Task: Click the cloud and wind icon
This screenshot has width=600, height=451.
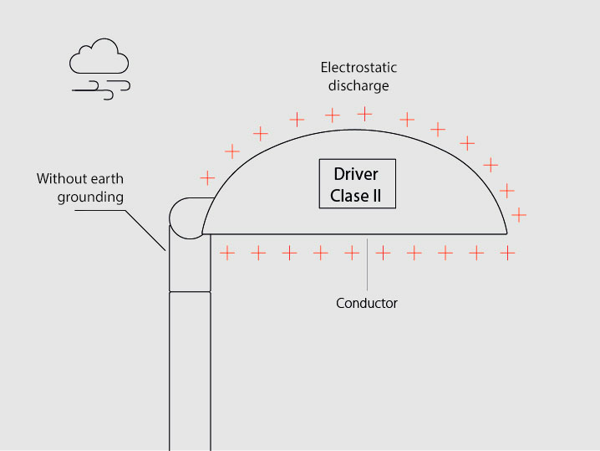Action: [x=99, y=69]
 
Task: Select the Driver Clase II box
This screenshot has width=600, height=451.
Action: [x=357, y=185]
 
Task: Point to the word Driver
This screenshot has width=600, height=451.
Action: [x=356, y=174]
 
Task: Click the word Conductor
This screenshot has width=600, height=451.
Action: [x=367, y=303]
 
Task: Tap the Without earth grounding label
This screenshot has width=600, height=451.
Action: [x=80, y=188]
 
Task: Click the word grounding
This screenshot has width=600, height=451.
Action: [x=90, y=197]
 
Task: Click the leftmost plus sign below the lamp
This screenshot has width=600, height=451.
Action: [x=226, y=251]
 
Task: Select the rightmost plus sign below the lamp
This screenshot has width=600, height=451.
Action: [x=507, y=251]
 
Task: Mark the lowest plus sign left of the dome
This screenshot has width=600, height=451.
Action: [x=206, y=178]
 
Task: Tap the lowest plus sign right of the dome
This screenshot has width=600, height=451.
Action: [x=519, y=215]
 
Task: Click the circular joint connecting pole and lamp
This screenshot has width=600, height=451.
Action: [x=186, y=216]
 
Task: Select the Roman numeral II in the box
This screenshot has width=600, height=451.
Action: [x=377, y=197]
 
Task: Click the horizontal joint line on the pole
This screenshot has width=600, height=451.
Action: [x=190, y=291]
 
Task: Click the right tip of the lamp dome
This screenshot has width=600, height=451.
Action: [x=506, y=233]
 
